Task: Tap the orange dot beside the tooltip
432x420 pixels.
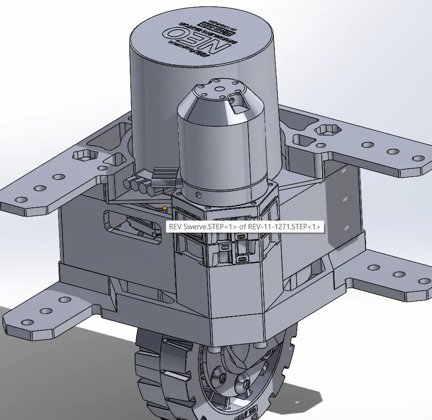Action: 165,208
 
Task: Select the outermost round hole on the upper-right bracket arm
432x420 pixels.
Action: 418,159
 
